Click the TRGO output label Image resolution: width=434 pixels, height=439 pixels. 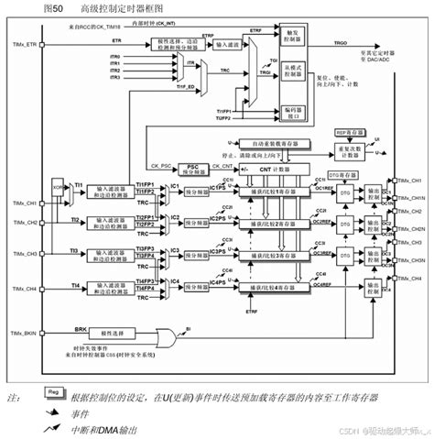pos(342,43)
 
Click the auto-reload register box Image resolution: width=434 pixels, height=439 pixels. pos(275,144)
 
